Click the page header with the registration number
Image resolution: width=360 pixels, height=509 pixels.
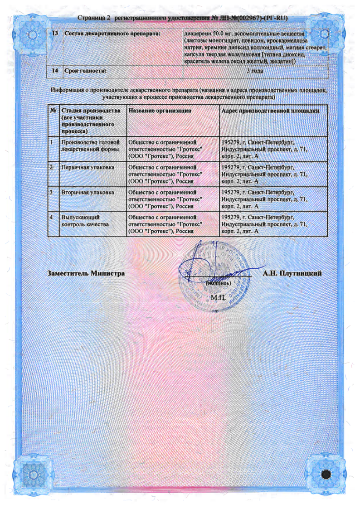click(x=183, y=18)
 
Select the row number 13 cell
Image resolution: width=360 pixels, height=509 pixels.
click(x=55, y=34)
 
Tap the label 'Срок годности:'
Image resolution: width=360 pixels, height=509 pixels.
click(x=85, y=71)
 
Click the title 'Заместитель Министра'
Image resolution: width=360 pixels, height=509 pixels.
click(x=86, y=273)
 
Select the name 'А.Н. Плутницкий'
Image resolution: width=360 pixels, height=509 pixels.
click(x=292, y=273)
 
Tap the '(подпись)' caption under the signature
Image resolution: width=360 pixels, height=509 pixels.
click(x=219, y=282)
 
